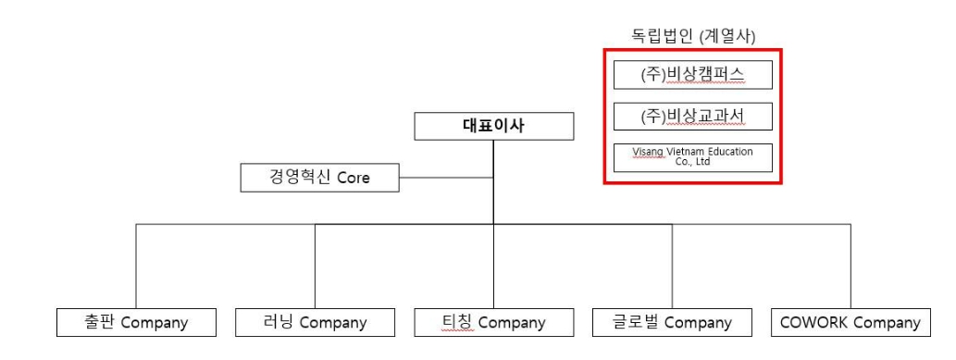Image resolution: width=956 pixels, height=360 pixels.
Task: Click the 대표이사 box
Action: [493, 127]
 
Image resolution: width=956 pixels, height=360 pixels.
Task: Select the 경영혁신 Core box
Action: [319, 178]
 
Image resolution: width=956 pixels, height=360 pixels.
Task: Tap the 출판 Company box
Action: [136, 323]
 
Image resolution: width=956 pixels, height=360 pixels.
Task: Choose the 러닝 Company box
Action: [315, 323]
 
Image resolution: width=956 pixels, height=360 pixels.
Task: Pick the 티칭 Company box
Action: [493, 323]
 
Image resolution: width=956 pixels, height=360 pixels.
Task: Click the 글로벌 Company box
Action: [672, 323]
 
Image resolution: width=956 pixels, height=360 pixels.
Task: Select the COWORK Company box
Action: [850, 323]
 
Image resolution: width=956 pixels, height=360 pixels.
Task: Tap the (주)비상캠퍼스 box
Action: [692, 76]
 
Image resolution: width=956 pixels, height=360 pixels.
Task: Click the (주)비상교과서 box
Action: [692, 117]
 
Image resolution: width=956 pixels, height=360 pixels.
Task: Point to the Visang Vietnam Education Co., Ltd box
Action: [692, 156]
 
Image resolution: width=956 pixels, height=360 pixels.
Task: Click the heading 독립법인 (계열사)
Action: [693, 36]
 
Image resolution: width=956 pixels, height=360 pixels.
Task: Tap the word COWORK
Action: [813, 323]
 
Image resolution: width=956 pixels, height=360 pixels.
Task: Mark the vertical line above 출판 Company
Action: [136, 268]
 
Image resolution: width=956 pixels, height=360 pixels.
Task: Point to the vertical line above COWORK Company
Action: [850, 268]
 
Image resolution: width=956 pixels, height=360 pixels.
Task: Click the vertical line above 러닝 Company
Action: [315, 268]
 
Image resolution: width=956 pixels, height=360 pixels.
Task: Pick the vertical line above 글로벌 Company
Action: [672, 268]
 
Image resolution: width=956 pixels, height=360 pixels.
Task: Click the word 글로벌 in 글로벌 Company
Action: [636, 323]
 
